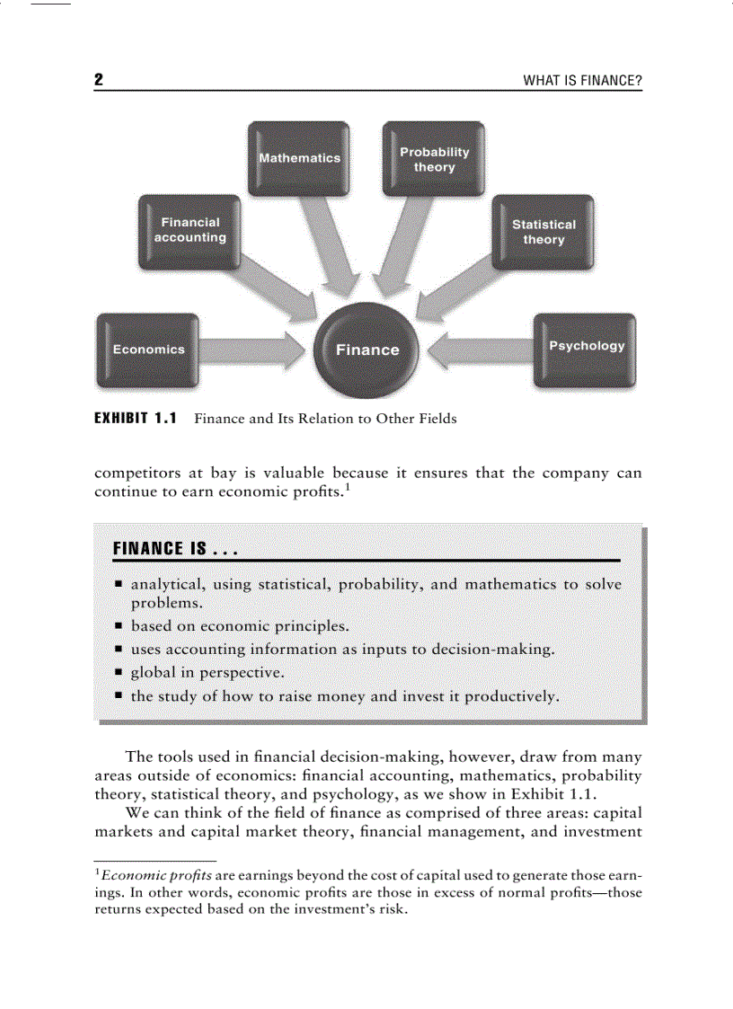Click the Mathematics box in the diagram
tap(299, 158)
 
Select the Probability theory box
tap(434, 159)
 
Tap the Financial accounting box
tap(190, 230)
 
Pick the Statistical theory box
tap(543, 232)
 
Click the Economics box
tap(148, 350)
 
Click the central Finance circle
tap(367, 350)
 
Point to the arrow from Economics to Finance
tap(253, 350)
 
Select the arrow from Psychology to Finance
tap(481, 350)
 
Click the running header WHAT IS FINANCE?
tap(582, 82)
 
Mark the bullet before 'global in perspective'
tap(119, 672)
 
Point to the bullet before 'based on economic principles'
tap(119, 625)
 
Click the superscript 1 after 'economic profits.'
tap(347, 488)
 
